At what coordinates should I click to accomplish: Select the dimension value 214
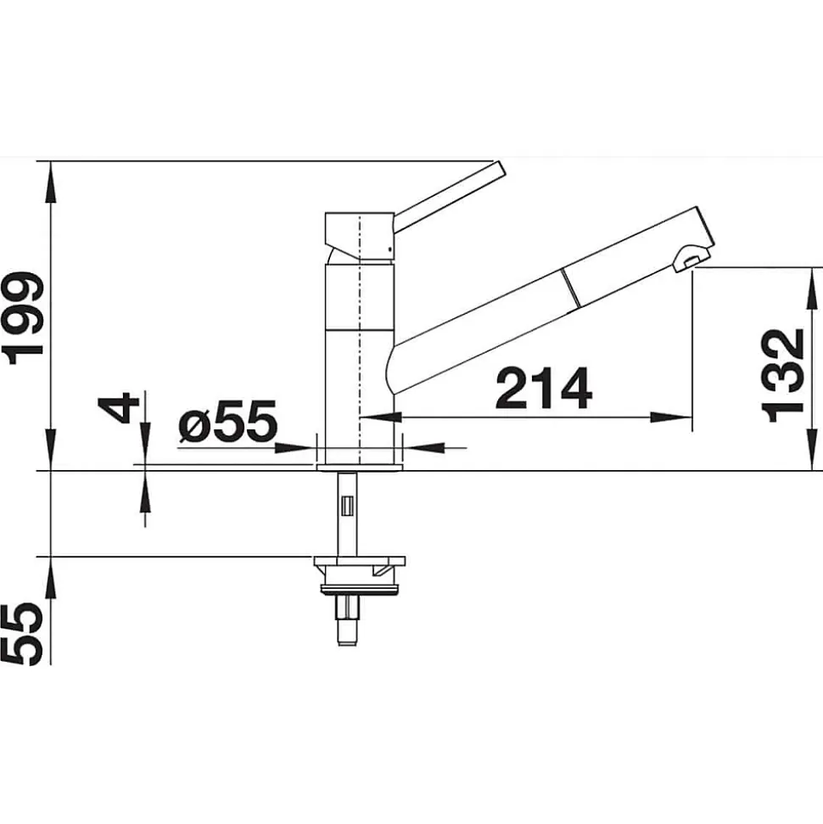click(544, 389)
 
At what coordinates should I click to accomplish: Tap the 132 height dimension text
click(782, 376)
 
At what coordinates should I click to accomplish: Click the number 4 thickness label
click(118, 408)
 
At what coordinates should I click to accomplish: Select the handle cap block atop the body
click(360, 236)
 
